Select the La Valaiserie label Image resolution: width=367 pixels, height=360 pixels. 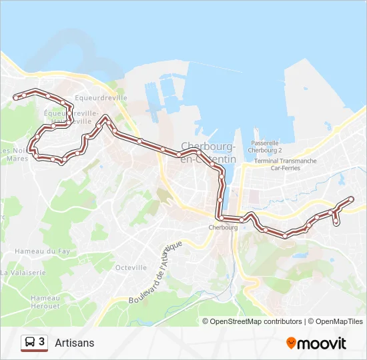(x=23, y=273)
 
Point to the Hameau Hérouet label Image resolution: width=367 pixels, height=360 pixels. (x=45, y=301)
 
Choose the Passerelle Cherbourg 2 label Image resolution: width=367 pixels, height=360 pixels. (x=265, y=147)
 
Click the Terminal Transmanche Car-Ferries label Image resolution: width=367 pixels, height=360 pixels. (x=286, y=164)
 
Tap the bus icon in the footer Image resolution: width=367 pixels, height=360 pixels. (x=30, y=343)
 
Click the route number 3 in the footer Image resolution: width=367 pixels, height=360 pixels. (x=42, y=342)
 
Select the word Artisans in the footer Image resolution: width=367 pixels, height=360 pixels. (x=74, y=343)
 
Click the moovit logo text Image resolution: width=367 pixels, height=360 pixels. (x=322, y=343)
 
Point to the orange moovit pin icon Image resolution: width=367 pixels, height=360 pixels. (x=291, y=343)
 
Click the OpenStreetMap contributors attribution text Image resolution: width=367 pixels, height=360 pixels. (x=256, y=321)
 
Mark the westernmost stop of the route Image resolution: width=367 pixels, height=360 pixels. (x=15, y=98)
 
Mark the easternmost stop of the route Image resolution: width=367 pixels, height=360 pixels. (x=352, y=198)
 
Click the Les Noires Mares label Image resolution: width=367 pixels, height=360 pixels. (x=15, y=155)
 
